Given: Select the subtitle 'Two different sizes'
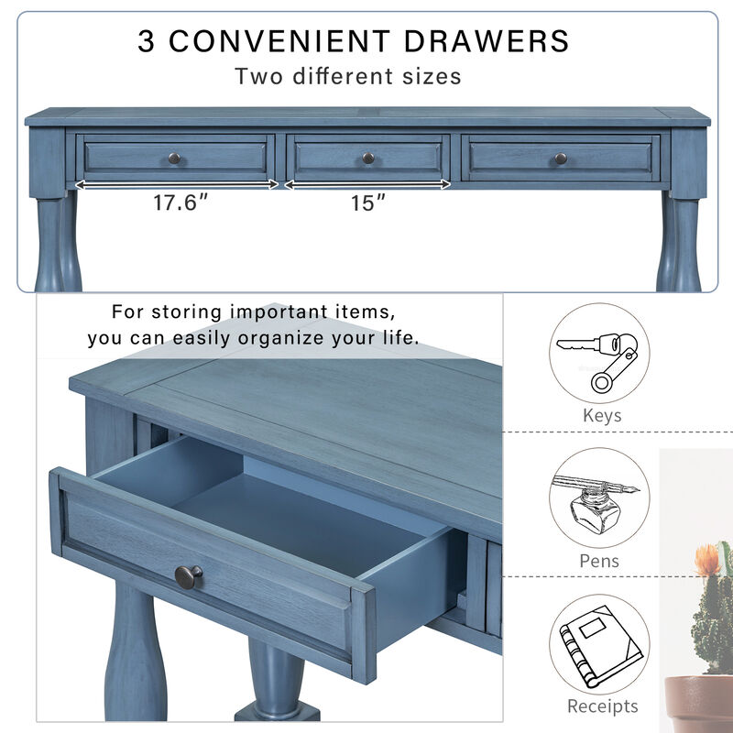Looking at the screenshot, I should [x=347, y=76].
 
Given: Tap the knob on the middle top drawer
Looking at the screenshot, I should [x=368, y=159].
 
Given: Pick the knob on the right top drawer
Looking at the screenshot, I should [x=561, y=159].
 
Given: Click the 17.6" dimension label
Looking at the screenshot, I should [x=175, y=202].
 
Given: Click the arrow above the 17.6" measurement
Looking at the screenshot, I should [x=176, y=184].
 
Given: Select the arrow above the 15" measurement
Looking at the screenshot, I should [x=368, y=184].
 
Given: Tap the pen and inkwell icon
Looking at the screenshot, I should [x=599, y=498].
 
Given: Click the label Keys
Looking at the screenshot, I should [x=602, y=415].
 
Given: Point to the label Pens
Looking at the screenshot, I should [x=600, y=561].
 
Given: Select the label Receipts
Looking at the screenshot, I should [x=602, y=706].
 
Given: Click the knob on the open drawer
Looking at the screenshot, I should [x=189, y=576].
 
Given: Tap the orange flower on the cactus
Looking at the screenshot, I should [x=707, y=558].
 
